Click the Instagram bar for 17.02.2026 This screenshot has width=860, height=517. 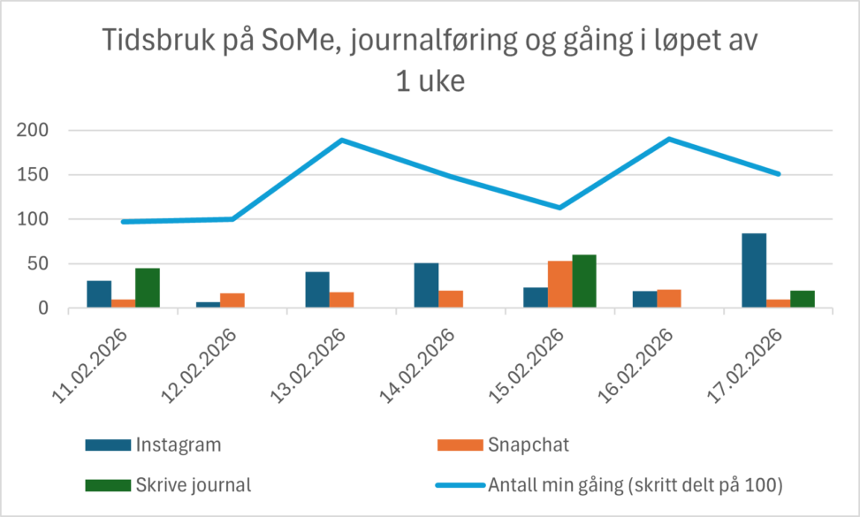coord(754,270)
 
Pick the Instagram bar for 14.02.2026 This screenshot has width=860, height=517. coord(426,285)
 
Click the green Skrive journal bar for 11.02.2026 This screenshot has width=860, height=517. coord(148,288)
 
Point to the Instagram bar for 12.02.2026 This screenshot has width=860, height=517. coord(208,305)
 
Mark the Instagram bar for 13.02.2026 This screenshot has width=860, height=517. coord(316,290)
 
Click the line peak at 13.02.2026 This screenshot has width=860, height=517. coord(341,141)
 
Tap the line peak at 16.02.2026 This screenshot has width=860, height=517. coord(669,139)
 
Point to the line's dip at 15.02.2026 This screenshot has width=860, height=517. coord(559,208)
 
